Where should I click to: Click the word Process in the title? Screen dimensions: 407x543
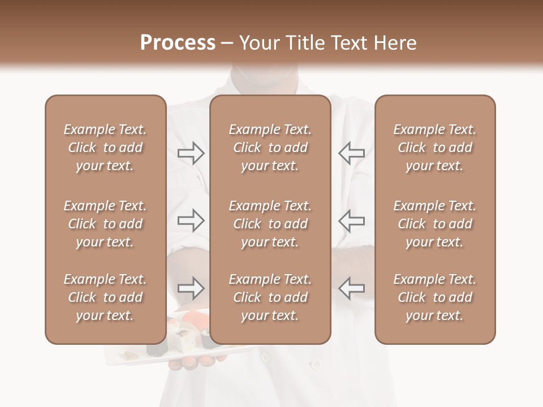pos(178,43)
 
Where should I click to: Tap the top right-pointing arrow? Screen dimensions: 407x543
pos(191,153)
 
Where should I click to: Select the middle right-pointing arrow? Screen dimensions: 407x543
pos(191,220)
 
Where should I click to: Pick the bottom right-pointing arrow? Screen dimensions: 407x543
pos(191,288)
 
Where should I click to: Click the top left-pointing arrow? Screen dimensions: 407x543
pos(351,153)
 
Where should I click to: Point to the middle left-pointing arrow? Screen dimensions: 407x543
pos(351,220)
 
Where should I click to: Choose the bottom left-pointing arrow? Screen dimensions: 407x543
pos(351,288)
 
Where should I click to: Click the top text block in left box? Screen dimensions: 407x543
pos(105,148)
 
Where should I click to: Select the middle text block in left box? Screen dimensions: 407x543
pos(105,224)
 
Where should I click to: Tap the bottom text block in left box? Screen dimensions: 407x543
pos(105,297)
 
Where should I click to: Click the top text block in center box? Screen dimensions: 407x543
pos(270,148)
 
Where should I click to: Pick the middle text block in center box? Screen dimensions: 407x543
pos(270,224)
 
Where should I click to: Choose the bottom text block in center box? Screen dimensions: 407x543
pos(270,297)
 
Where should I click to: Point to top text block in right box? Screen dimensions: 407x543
pos(434,148)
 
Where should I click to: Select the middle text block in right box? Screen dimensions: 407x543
pos(434,224)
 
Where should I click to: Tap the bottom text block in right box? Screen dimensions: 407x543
pos(434,297)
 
